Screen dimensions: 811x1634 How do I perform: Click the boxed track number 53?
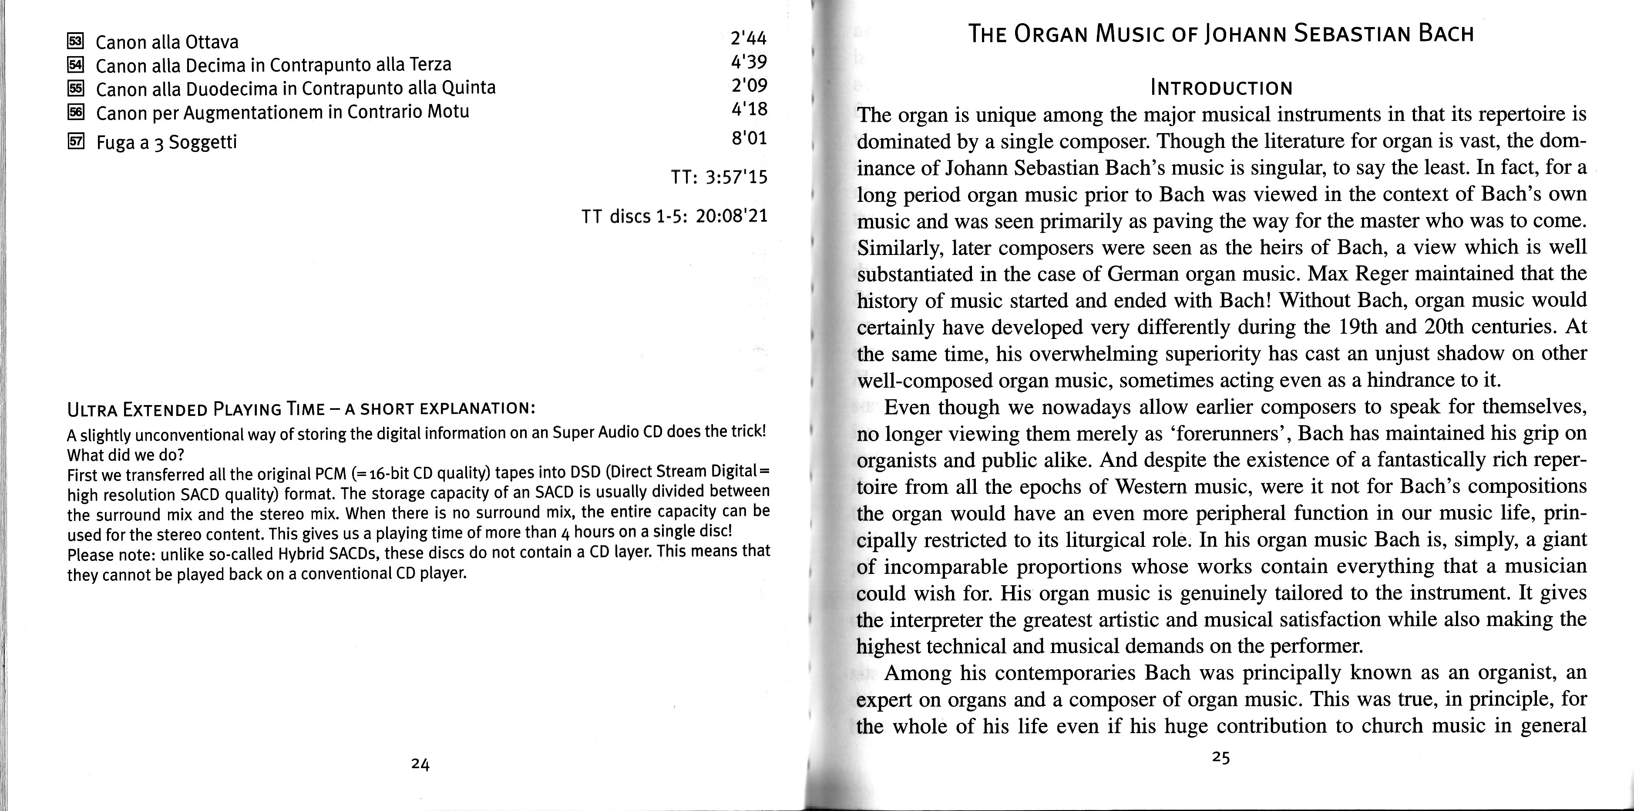[x=75, y=42]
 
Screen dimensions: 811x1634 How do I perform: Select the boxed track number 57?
[x=75, y=141]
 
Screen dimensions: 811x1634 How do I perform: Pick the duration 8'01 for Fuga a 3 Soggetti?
[x=749, y=137]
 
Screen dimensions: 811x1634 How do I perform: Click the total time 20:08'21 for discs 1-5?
[x=731, y=216]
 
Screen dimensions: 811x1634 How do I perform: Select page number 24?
[x=420, y=765]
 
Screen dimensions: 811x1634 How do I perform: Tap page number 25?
[x=1221, y=757]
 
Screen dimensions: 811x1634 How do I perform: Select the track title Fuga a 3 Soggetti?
[x=166, y=142]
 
